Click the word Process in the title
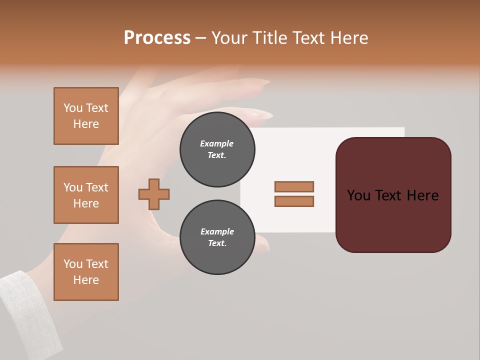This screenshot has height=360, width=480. coord(157,38)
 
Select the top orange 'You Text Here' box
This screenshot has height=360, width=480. coord(86,116)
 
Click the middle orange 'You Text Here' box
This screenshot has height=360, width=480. coord(86,195)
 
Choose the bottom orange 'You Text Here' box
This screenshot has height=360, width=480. coord(86,272)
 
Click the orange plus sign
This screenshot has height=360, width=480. coord(154,194)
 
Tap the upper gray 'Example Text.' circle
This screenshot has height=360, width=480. coord(217,149)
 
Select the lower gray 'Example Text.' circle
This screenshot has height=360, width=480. coord(217,237)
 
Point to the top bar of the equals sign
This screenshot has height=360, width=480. coord(294,186)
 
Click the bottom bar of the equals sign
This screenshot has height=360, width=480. coord(294,201)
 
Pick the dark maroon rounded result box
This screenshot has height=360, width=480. coord(393,220)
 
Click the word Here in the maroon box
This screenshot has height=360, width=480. coord(422,195)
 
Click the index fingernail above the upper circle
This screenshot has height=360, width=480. coord(260,114)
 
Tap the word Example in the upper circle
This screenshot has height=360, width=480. coord(217,143)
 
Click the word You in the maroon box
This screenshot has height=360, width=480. coord(358,195)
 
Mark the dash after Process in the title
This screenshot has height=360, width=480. coord(201,38)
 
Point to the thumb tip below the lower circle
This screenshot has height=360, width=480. coord(262,243)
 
